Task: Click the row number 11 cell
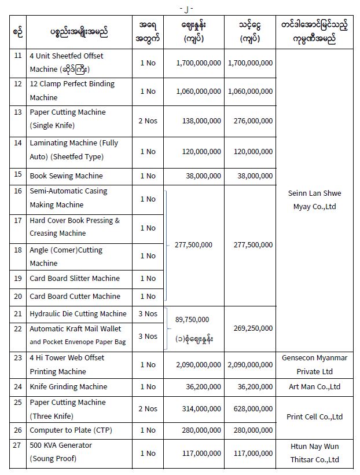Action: pos(17,56)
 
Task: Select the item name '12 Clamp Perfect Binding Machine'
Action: pos(72,91)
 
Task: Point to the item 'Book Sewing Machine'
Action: pos(66,176)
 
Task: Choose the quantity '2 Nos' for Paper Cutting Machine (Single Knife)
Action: pos(148,121)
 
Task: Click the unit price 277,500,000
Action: pos(193,244)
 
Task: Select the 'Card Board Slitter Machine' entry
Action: pos(75,278)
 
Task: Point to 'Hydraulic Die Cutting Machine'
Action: pos(78,313)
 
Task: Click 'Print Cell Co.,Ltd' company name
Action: pos(314,416)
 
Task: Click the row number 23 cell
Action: pos(17,357)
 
